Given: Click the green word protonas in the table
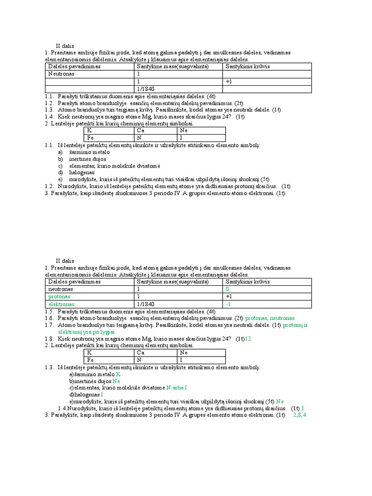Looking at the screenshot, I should point(59,296).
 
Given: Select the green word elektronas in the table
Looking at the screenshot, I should point(61,304).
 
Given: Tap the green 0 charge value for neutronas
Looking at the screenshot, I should point(227,288).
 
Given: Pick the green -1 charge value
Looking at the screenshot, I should point(228,304).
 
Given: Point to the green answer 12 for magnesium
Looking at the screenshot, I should point(248,339).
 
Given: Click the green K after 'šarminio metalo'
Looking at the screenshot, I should point(118,374).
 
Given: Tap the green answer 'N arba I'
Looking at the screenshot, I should point(176,387).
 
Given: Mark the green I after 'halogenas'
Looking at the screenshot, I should point(102,394).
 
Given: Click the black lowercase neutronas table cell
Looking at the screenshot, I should point(61,288).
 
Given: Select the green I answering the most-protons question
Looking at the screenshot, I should point(303,408).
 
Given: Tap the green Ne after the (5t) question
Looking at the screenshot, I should point(280,401).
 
